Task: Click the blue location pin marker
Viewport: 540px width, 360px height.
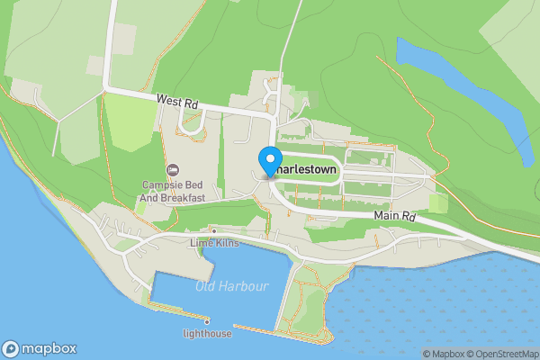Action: [269, 161]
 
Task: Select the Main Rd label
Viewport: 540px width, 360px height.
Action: [396, 217]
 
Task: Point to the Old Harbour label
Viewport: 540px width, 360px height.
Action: [231, 286]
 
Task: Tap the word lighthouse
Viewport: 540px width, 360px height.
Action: [207, 334]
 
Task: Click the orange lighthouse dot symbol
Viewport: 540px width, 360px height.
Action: [207, 321]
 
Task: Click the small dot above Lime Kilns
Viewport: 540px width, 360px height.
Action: [213, 230]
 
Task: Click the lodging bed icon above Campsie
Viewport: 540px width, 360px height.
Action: [173, 170]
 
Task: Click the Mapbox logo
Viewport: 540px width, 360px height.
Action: [40, 348]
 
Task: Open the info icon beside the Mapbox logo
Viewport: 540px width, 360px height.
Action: [11, 348]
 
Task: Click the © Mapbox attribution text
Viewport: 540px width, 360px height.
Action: [440, 354]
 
